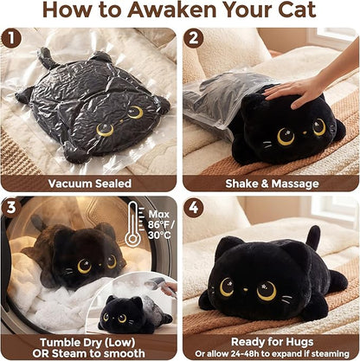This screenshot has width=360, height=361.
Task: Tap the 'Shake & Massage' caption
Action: [x=270, y=183]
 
